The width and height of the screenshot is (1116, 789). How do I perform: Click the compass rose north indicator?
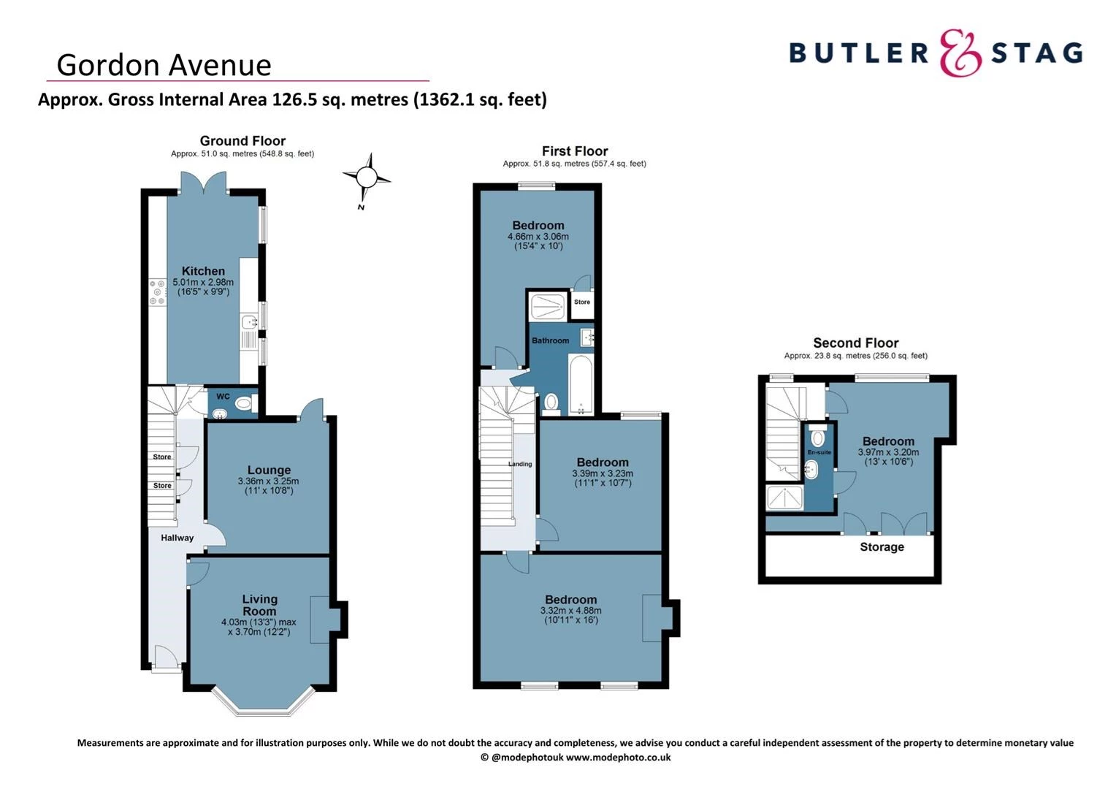pyautogui.click(x=367, y=178)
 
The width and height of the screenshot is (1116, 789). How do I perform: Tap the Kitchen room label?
pyautogui.click(x=203, y=271)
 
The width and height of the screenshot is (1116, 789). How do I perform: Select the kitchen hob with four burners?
pyautogui.click(x=158, y=293)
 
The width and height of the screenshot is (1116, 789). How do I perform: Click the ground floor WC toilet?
pyautogui.click(x=244, y=403)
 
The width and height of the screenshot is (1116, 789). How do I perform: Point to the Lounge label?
pyautogui.click(x=269, y=470)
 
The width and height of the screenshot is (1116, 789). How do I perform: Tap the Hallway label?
pyautogui.click(x=177, y=538)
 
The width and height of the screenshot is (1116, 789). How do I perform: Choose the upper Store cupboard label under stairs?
pyautogui.click(x=162, y=457)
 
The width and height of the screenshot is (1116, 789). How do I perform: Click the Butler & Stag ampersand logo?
pyautogui.click(x=960, y=53)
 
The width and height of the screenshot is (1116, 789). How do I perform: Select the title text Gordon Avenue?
pyautogui.click(x=164, y=65)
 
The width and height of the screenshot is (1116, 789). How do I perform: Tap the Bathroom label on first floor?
pyautogui.click(x=550, y=340)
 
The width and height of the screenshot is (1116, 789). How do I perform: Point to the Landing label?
pyautogui.click(x=520, y=464)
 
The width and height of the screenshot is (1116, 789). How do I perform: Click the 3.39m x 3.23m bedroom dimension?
pyautogui.click(x=603, y=473)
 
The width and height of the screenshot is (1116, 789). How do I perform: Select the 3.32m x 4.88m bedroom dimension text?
pyautogui.click(x=571, y=611)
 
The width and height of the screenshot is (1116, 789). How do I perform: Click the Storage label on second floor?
pyautogui.click(x=882, y=547)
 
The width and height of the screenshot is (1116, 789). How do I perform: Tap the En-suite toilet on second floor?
pyautogui.click(x=818, y=438)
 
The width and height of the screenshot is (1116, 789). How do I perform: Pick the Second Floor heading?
pyautogui.click(x=856, y=343)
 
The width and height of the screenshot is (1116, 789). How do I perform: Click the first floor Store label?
pyautogui.click(x=582, y=302)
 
